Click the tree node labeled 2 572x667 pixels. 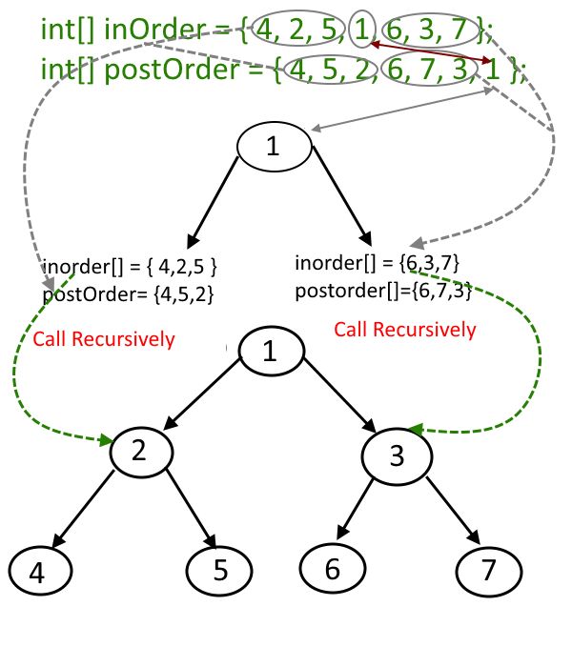[140, 452]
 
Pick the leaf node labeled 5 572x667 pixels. [218, 570]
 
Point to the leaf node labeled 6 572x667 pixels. [332, 569]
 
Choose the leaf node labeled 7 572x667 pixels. [489, 572]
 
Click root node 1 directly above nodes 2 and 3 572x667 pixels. [271, 352]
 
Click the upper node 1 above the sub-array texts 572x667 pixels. [273, 148]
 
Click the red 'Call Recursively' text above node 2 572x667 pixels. [104, 339]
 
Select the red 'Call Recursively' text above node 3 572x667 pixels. [404, 330]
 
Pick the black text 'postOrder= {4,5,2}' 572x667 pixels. [128, 295]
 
